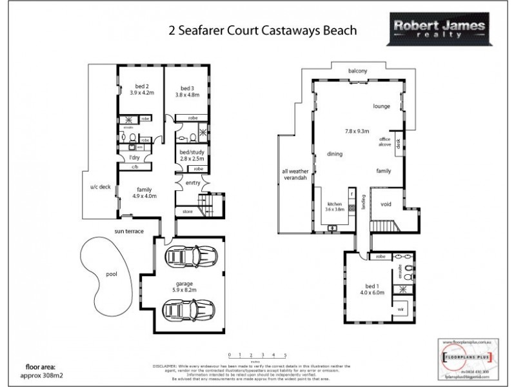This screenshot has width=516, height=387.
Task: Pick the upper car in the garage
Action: tap(191, 256)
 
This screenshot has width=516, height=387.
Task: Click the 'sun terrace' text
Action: tap(129, 230)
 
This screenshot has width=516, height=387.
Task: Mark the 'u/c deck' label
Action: tap(100, 188)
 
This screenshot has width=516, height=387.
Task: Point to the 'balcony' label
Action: tap(358, 70)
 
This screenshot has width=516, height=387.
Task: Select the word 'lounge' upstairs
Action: tap(383, 106)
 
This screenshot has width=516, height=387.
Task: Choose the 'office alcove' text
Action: tap(385, 143)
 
